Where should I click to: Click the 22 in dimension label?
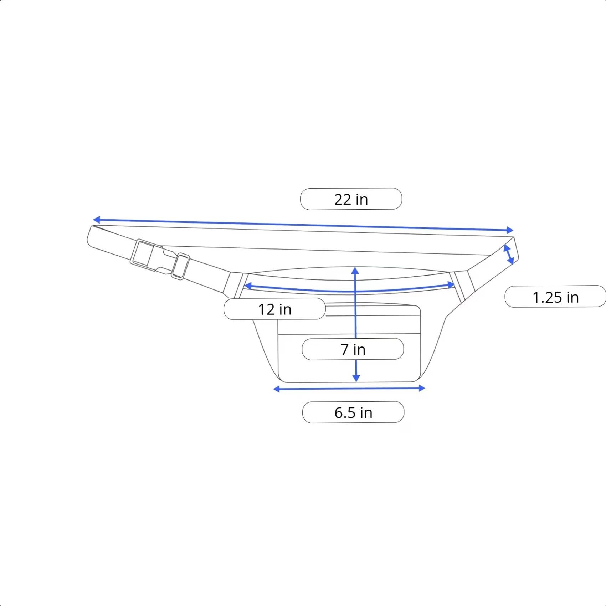(351, 199)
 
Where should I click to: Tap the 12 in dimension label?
(274, 309)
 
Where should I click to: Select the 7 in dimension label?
(353, 349)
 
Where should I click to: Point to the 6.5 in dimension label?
(353, 412)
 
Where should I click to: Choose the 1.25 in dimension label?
(555, 297)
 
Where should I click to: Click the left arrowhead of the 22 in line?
(96, 219)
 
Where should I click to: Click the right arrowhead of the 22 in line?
(510, 230)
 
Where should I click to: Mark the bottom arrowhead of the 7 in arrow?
(356, 378)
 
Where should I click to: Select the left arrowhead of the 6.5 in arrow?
(277, 389)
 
